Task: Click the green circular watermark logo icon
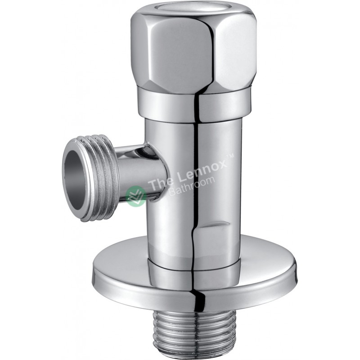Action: [135, 194]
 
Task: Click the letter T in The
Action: [152, 185]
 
